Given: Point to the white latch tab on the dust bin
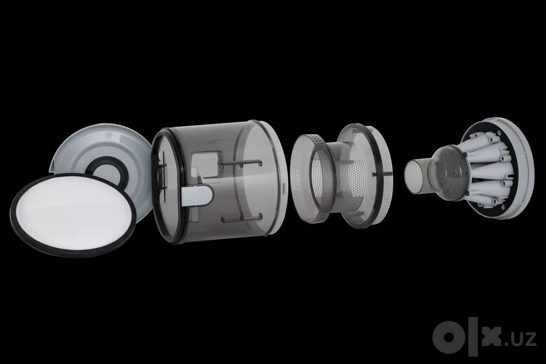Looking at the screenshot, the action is (197, 194).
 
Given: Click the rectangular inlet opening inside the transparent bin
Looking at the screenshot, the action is (205, 164).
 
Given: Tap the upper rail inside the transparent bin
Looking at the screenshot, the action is (241, 163).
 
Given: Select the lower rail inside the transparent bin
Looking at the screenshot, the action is (241, 218).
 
